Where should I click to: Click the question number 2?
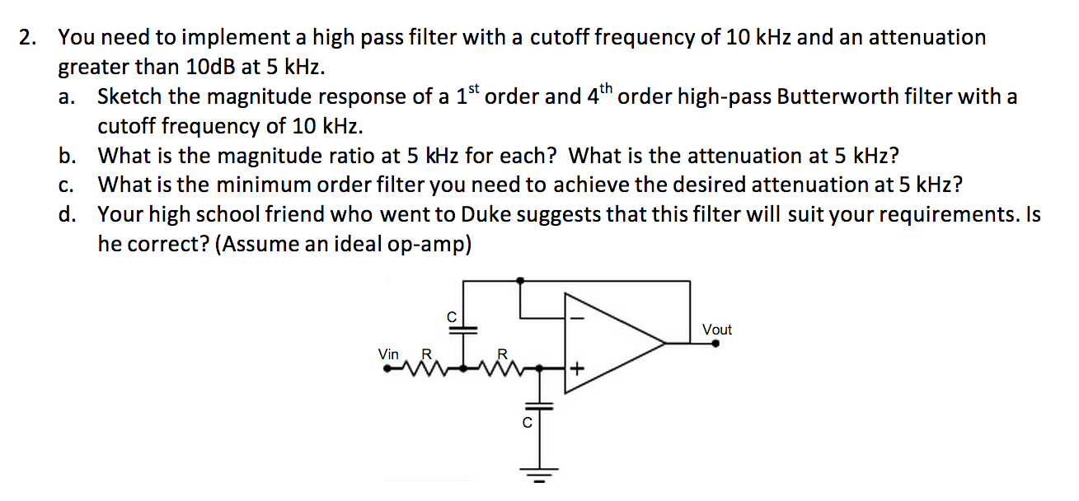[x=29, y=37]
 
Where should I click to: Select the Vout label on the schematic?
[x=716, y=330]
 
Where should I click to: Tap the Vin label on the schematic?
[x=388, y=354]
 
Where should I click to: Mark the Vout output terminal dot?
[x=715, y=344]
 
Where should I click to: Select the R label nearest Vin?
[x=426, y=354]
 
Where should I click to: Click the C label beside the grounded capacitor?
[x=528, y=423]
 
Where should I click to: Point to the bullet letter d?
[x=67, y=215]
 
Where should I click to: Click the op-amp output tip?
[x=666, y=342]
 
